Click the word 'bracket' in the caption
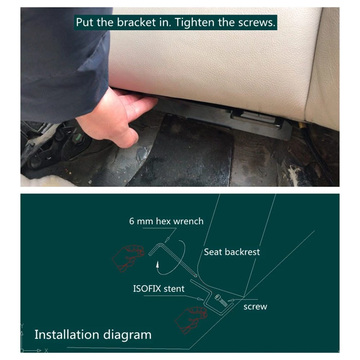click(136, 22)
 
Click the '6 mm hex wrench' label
click(166, 221)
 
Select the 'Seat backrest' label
click(232, 252)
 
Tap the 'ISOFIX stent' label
click(159, 289)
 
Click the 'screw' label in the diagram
click(255, 307)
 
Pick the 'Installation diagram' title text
click(93, 335)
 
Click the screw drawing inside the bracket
click(221, 301)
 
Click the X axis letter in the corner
click(46, 351)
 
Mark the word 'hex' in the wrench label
click(164, 221)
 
